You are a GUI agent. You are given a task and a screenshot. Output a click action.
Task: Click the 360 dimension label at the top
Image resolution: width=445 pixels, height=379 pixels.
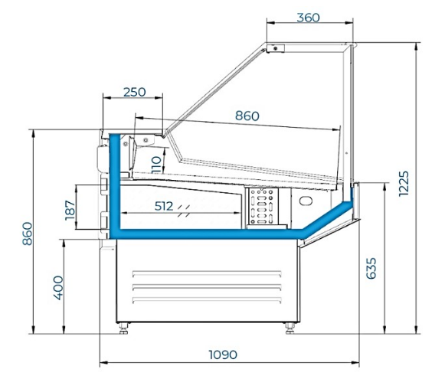(308, 18)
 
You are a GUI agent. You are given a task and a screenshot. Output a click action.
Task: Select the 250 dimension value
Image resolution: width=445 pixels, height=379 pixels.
(135, 92)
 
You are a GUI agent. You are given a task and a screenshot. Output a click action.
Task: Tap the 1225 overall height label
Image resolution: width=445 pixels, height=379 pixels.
(404, 183)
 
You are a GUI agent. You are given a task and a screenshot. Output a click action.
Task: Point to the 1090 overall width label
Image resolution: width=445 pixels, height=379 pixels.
(223, 354)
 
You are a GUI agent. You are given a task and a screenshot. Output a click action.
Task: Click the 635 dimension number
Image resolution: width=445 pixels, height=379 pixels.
(371, 269)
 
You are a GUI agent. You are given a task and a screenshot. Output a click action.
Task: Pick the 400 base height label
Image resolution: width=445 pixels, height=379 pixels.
(58, 288)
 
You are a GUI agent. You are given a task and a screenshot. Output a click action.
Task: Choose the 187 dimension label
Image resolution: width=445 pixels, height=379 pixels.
(70, 211)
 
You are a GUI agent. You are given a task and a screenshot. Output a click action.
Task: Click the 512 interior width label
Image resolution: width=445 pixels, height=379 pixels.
(164, 206)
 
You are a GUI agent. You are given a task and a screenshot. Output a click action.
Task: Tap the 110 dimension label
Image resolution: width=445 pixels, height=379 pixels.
(156, 165)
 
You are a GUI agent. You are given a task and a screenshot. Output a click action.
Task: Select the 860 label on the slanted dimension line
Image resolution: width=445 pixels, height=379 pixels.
(247, 116)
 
